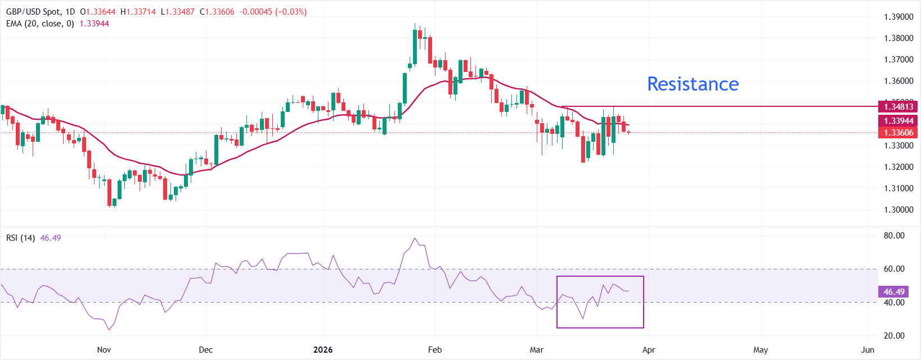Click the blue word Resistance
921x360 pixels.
pyautogui.click(x=693, y=84)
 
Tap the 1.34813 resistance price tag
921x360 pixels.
pyautogui.click(x=898, y=106)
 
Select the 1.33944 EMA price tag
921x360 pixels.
pyautogui.click(x=898, y=121)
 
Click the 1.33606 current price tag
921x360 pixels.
pyautogui.click(x=898, y=133)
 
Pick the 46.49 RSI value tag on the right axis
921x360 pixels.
pyautogui.click(x=894, y=292)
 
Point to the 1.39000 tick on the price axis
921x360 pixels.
pyautogui.click(x=898, y=17)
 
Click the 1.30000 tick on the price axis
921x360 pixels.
pyautogui.click(x=898, y=210)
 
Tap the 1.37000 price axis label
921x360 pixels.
pyautogui.click(x=898, y=60)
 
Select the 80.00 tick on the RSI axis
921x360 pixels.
pyautogui.click(x=894, y=236)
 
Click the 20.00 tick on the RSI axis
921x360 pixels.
pyautogui.click(x=894, y=336)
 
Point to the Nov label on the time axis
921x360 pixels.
pyautogui.click(x=104, y=350)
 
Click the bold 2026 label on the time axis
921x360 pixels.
pyautogui.click(x=323, y=350)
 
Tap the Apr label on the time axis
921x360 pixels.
pyautogui.click(x=649, y=350)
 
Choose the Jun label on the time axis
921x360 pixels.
pyautogui.click(x=868, y=350)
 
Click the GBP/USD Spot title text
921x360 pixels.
pyautogui.click(x=34, y=12)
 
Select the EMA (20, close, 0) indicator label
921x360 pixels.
pyautogui.click(x=40, y=24)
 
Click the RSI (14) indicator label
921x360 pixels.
pyautogui.click(x=20, y=238)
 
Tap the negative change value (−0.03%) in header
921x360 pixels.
pyautogui.click(x=291, y=12)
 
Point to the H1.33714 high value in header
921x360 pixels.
pyautogui.click(x=138, y=12)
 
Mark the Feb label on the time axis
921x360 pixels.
pyautogui.click(x=435, y=350)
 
